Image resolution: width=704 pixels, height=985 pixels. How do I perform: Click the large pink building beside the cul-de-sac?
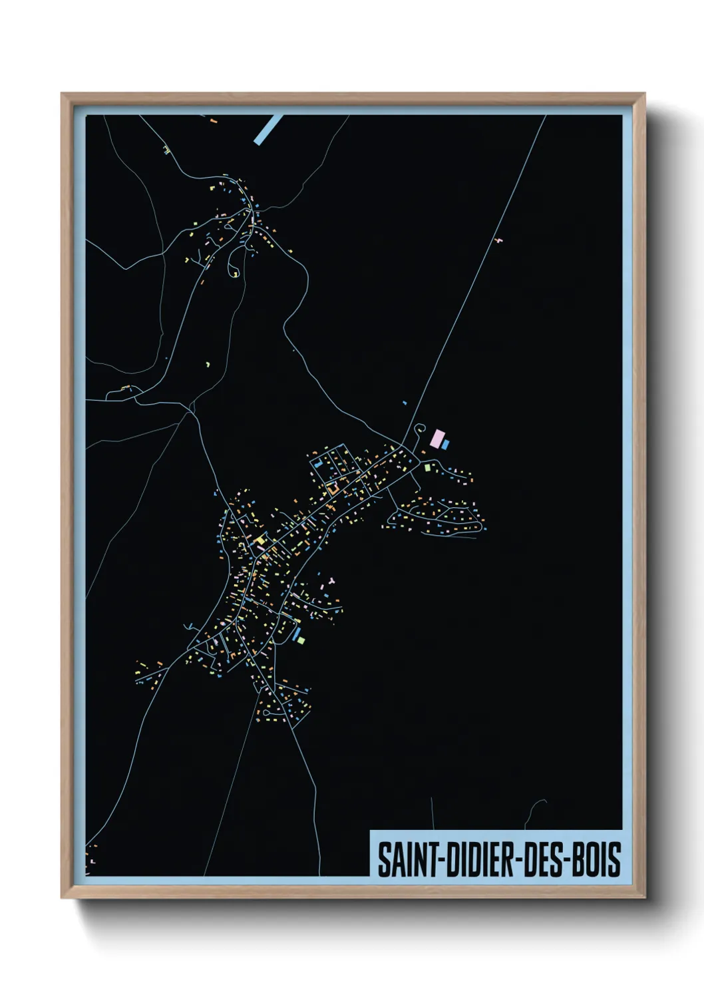437,439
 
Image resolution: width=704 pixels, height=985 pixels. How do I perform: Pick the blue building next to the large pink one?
446,444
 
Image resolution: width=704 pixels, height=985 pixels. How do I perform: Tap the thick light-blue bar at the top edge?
267,129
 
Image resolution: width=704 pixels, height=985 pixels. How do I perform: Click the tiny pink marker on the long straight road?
498,240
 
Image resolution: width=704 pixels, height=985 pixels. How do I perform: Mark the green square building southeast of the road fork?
429,467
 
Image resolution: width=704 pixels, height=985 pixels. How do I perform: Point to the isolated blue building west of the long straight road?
404,403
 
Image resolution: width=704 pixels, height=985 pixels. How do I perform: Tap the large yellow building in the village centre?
260,540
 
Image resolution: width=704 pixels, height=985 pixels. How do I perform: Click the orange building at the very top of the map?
213,122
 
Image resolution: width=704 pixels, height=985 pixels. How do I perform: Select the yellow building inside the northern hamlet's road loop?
236,274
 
